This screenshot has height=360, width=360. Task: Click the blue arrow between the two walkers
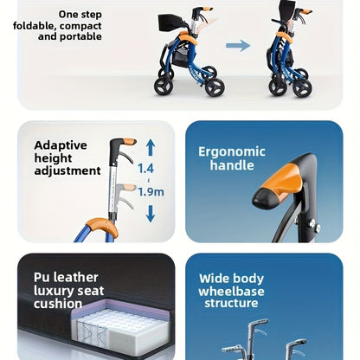[238, 46]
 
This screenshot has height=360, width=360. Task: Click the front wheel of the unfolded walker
[215, 87]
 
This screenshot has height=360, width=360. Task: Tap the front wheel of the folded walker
[302, 87]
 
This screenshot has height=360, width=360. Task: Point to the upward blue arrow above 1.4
[151, 147]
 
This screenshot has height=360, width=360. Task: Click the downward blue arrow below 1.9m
[151, 214]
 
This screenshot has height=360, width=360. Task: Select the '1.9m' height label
[151, 192]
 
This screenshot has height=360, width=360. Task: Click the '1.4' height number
[145, 169]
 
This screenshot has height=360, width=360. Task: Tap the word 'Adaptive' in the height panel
[61, 145]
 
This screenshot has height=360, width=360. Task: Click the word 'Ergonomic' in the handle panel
[232, 152]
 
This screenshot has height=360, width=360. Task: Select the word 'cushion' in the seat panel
[58, 304]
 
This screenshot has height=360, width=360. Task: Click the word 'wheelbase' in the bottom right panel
[231, 291]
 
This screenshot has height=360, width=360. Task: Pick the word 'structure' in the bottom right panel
[231, 304]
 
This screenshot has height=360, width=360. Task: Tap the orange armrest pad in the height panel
[101, 226]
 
